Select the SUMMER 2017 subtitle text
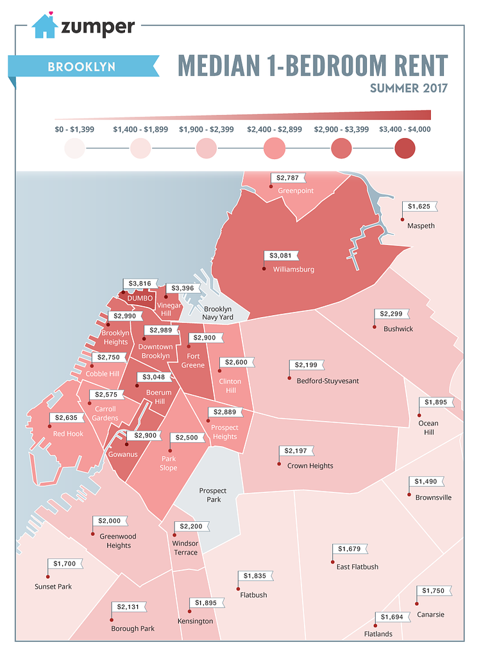pyautogui.click(x=408, y=88)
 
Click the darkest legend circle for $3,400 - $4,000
pyautogui.click(x=405, y=148)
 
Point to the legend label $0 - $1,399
pyautogui.click(x=74, y=129)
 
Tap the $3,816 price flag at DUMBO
pyautogui.click(x=140, y=283)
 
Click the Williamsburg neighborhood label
pyautogui.click(x=293, y=270)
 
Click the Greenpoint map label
pyautogui.click(x=294, y=191)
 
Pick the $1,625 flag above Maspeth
pyautogui.click(x=421, y=207)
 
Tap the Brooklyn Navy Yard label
pyautogui.click(x=217, y=313)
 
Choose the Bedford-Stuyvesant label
pyautogui.click(x=327, y=381)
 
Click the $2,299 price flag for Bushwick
pyautogui.click(x=391, y=314)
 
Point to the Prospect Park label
pyautogui.click(x=213, y=495)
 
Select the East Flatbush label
pyautogui.click(x=357, y=567)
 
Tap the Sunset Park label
pyautogui.click(x=53, y=586)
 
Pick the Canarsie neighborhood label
pyautogui.click(x=430, y=614)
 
